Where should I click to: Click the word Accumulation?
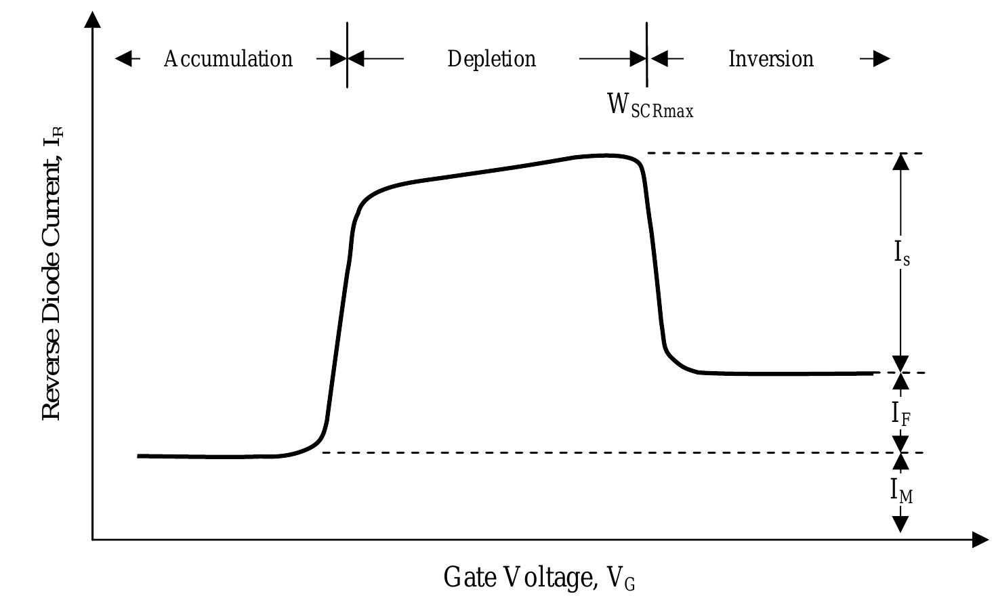tap(228, 59)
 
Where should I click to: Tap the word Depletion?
tap(491, 59)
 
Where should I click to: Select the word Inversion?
tap(770, 59)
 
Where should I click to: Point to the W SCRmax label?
tap(650, 106)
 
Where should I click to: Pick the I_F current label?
tap(900, 413)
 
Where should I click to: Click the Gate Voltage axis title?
tap(539, 578)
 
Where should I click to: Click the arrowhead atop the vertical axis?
tap(93, 20)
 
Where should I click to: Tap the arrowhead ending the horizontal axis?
tap(980, 540)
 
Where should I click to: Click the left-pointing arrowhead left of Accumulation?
tap(123, 59)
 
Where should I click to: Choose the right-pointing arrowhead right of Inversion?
tap(881, 59)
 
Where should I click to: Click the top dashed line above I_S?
tap(779, 153)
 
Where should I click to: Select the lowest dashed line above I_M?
tap(610, 452)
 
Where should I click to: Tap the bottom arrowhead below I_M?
tap(900, 524)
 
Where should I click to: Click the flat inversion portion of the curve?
tap(786, 373)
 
